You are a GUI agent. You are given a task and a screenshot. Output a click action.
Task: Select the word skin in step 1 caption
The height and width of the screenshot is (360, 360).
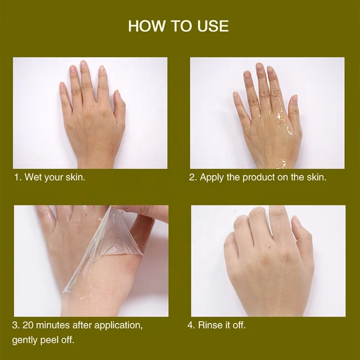coord(75,177)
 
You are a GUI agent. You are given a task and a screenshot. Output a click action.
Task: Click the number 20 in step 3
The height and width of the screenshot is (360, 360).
coord(28,325)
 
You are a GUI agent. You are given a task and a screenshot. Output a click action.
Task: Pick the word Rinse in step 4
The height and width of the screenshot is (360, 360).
coord(210,325)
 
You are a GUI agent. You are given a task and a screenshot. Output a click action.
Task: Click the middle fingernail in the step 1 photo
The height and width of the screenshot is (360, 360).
coord(83,65)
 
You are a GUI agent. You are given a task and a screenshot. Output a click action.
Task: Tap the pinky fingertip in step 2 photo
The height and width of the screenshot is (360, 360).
coord(235,94)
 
